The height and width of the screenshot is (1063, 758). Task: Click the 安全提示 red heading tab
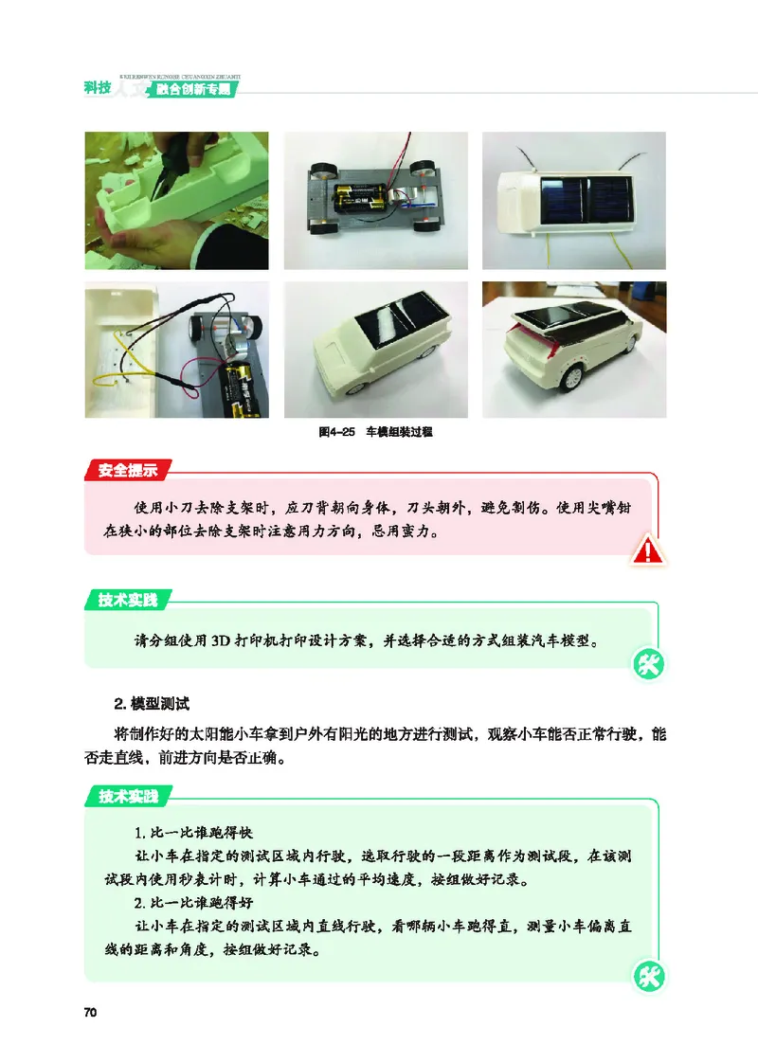click(x=128, y=469)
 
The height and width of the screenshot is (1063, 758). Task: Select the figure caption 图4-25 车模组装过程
click(x=375, y=432)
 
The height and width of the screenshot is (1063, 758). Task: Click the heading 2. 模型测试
click(x=152, y=704)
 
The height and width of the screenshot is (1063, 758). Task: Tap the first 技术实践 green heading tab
click(x=128, y=599)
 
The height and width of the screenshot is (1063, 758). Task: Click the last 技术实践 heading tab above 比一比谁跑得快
click(x=128, y=796)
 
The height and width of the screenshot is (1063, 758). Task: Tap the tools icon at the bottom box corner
click(x=649, y=976)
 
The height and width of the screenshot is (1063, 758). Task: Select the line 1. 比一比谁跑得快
click(x=192, y=833)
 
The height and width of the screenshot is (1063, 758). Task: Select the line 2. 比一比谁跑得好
click(x=192, y=900)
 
